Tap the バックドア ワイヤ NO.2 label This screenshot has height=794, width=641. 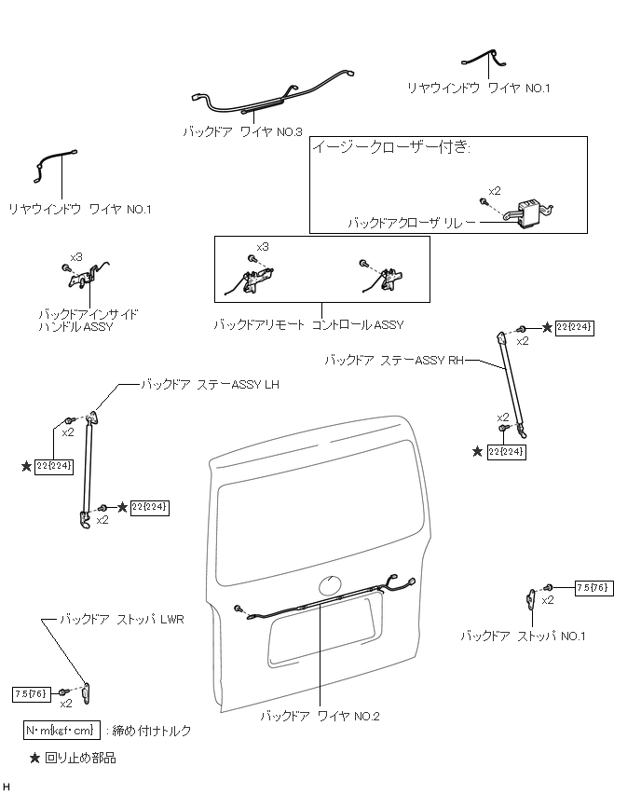[320, 716]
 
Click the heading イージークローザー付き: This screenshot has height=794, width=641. [390, 147]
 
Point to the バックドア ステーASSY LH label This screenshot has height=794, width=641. [210, 384]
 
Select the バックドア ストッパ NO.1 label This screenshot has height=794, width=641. [523, 636]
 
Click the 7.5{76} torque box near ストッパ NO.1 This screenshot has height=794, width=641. [593, 587]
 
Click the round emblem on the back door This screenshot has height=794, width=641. [331, 587]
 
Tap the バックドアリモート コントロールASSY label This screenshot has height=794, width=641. [308, 325]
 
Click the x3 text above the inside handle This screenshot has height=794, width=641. [76, 256]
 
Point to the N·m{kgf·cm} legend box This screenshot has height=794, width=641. [61, 730]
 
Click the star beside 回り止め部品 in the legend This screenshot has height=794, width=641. [34, 759]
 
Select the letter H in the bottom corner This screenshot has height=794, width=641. [7, 787]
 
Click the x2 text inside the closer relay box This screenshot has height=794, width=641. [495, 191]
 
